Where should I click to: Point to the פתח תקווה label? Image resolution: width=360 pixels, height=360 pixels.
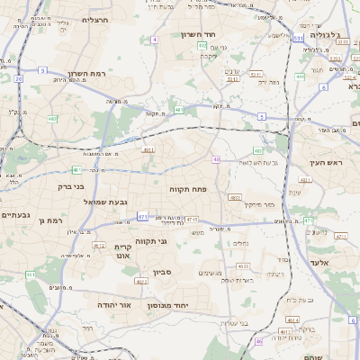[187, 189]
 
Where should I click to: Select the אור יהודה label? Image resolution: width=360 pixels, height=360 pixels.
[114, 305]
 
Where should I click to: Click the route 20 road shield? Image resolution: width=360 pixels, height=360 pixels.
[18, 78]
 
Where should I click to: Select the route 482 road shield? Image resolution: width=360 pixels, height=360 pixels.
[52, 118]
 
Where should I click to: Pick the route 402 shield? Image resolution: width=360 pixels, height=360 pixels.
[202, 45]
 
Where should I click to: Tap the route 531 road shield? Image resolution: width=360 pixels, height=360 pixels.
[297, 39]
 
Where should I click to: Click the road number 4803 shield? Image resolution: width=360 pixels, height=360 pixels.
[236, 197]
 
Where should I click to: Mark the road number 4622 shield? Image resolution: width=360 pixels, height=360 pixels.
[142, 282]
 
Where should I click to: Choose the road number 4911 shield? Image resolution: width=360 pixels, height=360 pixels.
[148, 150]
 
